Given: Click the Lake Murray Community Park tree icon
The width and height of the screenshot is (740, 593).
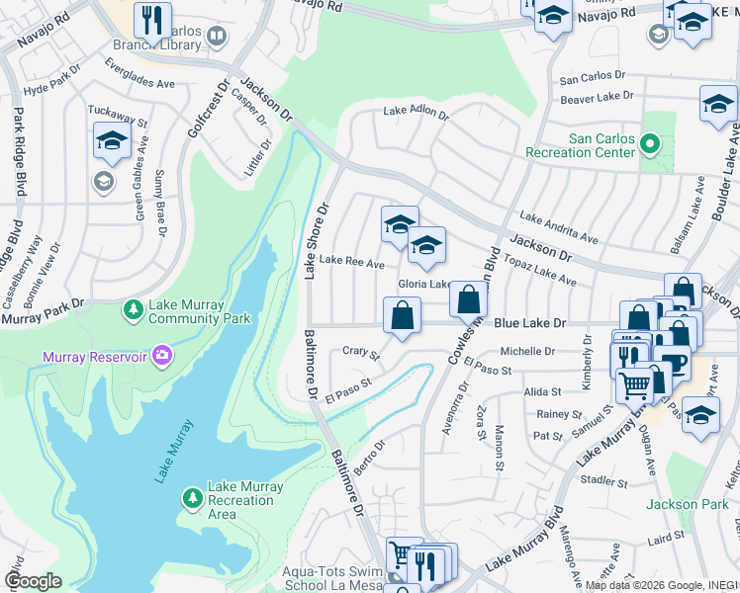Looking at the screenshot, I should pyautogui.click(x=133, y=310).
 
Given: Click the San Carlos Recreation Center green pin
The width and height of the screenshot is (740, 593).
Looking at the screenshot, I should pyautogui.click(x=649, y=146).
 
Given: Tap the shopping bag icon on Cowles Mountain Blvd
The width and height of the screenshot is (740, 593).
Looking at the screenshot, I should pyautogui.click(x=468, y=298).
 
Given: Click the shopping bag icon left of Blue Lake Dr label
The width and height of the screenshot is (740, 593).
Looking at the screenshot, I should pyautogui.click(x=402, y=316).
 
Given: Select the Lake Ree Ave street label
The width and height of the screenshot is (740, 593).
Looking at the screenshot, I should pyautogui.click(x=353, y=263).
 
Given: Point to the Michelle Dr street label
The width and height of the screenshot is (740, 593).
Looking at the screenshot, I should pyautogui.click(x=527, y=351).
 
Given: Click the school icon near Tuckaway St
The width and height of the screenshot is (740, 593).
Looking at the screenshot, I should pyautogui.click(x=112, y=141).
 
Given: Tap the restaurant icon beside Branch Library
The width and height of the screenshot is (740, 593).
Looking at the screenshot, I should pyautogui.click(x=152, y=19).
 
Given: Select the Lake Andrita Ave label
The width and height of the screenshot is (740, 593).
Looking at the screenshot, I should pyautogui.click(x=559, y=228).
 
